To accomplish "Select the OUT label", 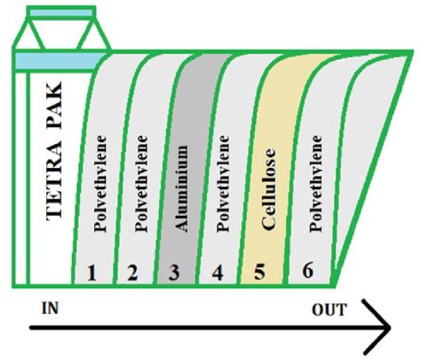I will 329,308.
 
